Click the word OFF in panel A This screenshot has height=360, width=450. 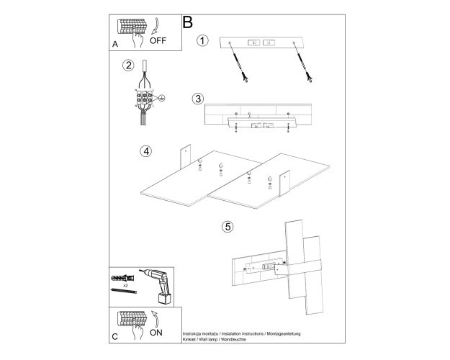pyautogui.click(x=158, y=40)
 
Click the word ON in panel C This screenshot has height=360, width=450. pyautogui.click(x=156, y=333)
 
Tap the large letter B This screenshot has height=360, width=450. pyautogui.click(x=187, y=22)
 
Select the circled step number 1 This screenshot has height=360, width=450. pyautogui.click(x=202, y=40)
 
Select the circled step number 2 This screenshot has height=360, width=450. pyautogui.click(x=128, y=66)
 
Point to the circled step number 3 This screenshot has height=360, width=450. pyautogui.click(x=198, y=99)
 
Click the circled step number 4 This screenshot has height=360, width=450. pyautogui.click(x=146, y=151)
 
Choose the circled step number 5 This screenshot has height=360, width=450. pyautogui.click(x=228, y=227)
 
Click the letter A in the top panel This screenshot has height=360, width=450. pyautogui.click(x=115, y=44)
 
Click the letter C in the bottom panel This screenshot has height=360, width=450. pyautogui.click(x=114, y=336)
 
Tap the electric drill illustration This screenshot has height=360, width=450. pyautogui.click(x=157, y=286)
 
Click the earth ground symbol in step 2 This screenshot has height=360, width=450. pyautogui.click(x=162, y=98)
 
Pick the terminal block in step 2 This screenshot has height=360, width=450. pyautogui.click(x=144, y=97)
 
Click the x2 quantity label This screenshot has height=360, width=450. pyautogui.click(x=125, y=286)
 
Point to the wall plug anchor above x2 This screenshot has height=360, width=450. pyautogui.click(x=122, y=278)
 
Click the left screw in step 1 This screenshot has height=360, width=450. pyautogui.click(x=238, y=62)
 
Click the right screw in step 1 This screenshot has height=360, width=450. pyautogui.click(x=303, y=62)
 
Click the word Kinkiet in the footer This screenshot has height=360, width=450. pyautogui.click(x=189, y=339)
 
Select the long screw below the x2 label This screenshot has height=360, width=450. pyautogui.click(x=124, y=291)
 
